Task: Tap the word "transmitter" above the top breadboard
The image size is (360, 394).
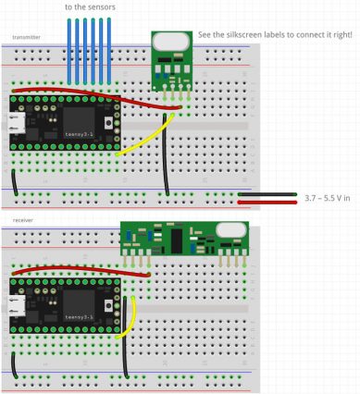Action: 26,38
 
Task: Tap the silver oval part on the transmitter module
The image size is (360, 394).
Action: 170,41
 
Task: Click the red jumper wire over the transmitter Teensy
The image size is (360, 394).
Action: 93,96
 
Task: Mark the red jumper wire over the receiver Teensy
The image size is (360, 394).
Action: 83,269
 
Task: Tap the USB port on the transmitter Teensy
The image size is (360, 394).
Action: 16,125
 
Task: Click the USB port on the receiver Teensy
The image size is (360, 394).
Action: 16,302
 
